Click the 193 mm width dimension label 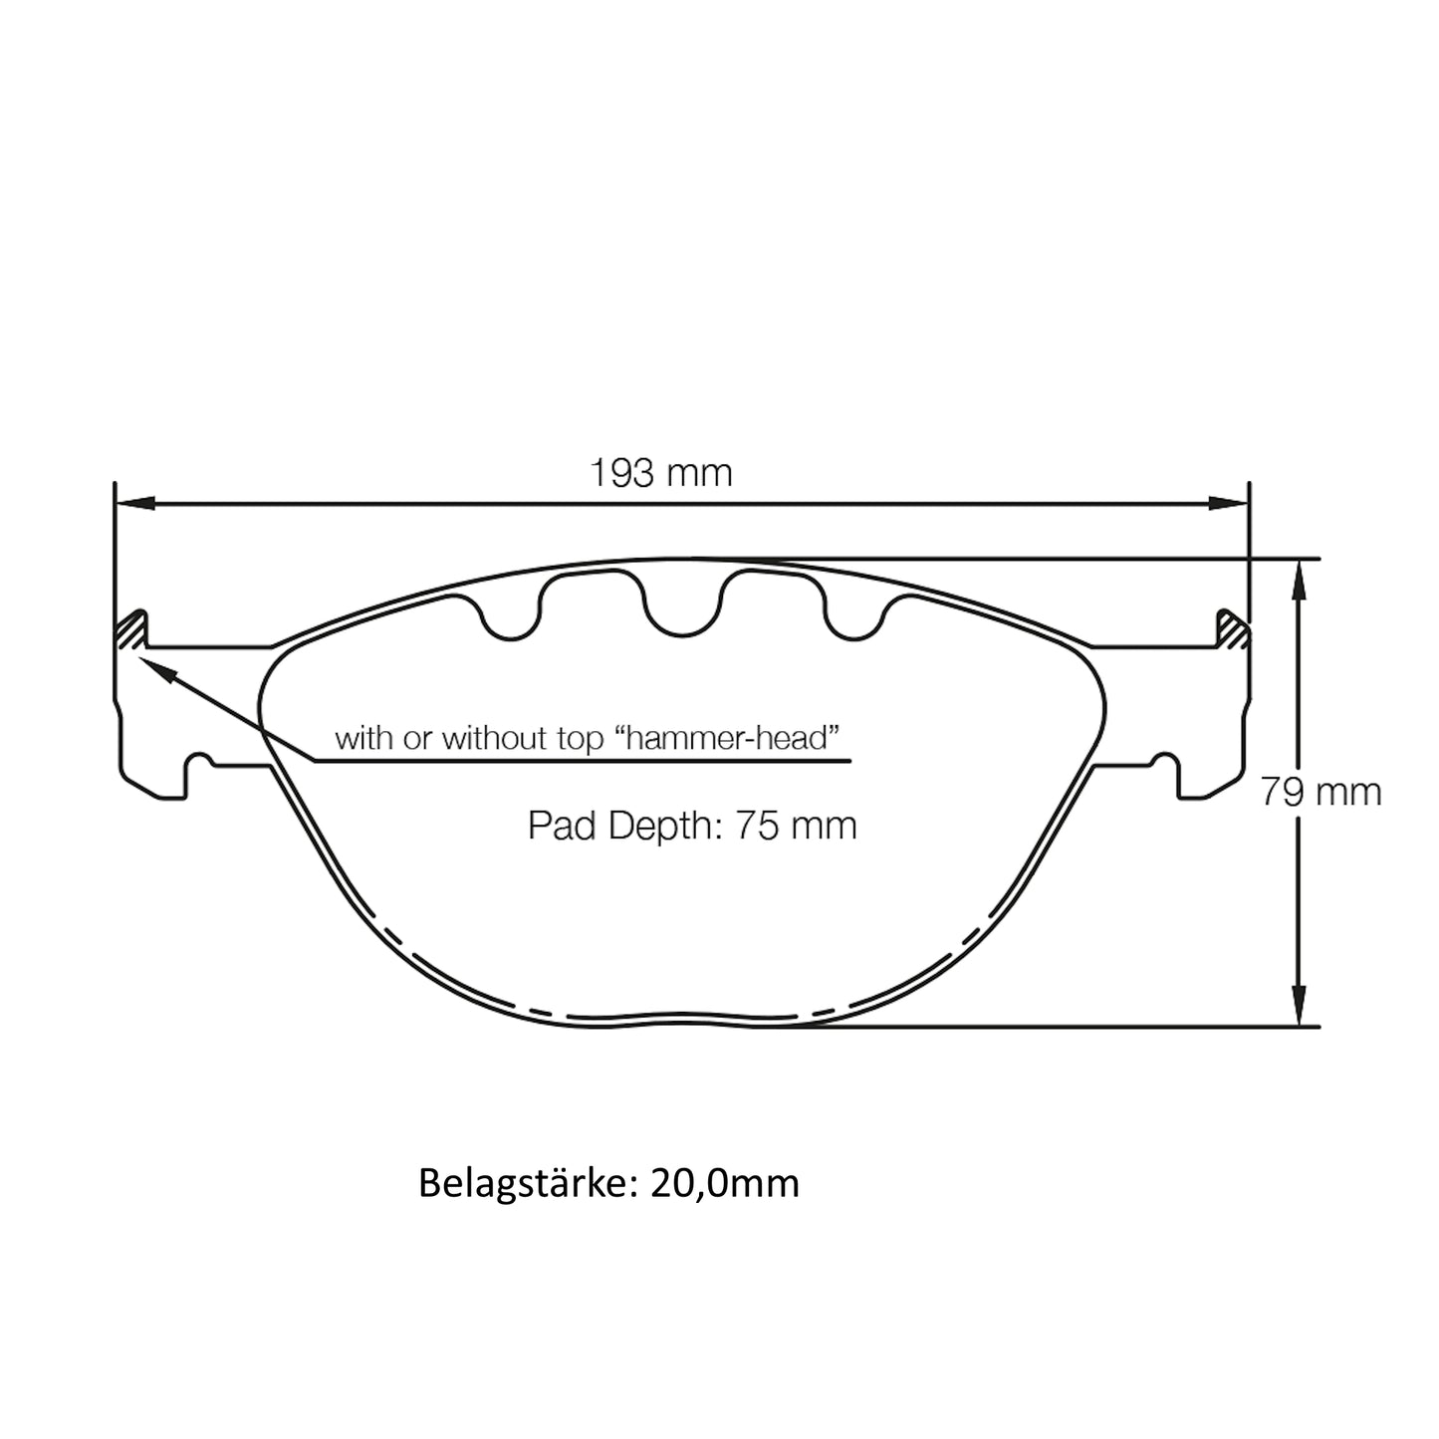tap(660, 472)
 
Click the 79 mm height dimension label tap(1320, 792)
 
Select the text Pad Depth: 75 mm tap(691, 825)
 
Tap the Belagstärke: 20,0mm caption tap(608, 1183)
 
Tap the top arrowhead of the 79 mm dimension tap(1298, 578)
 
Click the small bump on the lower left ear tap(202, 759)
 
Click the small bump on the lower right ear tap(1162, 759)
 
